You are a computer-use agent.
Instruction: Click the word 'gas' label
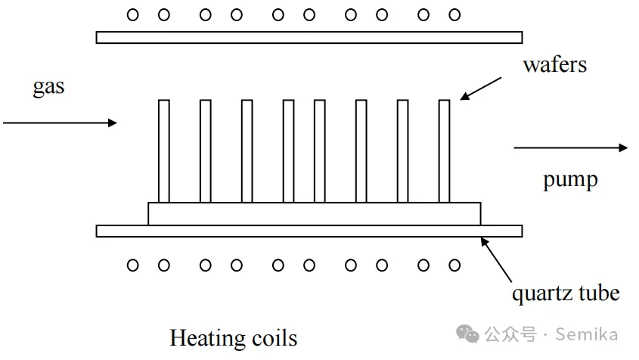tap(48, 87)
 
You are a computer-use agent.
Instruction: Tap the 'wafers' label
tap(554, 65)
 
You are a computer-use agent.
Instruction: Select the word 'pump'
tap(570, 180)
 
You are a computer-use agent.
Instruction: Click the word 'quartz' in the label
tap(541, 293)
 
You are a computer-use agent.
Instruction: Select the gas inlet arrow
tap(60, 122)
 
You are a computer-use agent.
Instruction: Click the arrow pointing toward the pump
tap(571, 147)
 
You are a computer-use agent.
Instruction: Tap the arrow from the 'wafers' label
tap(480, 88)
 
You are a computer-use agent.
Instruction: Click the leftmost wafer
tap(164, 151)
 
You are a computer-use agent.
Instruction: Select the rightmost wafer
tap(445, 151)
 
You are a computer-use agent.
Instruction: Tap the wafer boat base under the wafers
tap(314, 213)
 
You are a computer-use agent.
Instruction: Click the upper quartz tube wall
tap(309, 37)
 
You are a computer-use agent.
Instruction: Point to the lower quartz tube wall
tap(309, 231)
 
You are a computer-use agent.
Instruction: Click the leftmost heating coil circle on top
tap(133, 14)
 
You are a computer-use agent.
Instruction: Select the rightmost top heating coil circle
tap(454, 14)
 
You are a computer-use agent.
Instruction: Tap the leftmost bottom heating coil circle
tap(133, 265)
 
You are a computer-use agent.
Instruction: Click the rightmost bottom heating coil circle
tap(454, 265)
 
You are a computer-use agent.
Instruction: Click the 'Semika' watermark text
tap(587, 334)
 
